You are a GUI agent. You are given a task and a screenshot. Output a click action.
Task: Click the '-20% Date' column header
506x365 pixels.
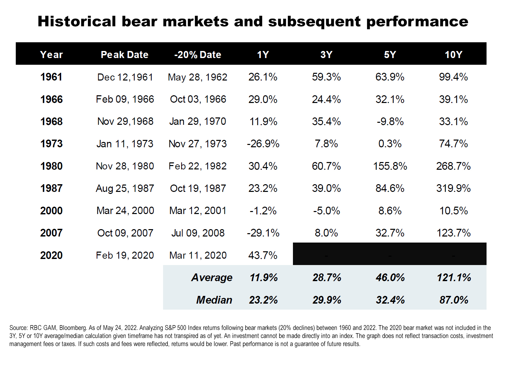198,55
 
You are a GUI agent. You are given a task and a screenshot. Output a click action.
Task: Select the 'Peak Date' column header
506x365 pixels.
124,55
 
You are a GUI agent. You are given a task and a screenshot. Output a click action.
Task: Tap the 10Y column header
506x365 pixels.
453,55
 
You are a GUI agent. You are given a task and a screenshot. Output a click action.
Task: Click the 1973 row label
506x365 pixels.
51,144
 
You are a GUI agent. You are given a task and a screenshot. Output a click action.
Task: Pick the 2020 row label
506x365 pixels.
51,256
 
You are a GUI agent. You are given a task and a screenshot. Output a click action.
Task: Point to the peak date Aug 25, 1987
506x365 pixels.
125,189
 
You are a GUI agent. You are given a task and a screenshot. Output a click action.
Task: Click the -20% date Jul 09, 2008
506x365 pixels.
198,233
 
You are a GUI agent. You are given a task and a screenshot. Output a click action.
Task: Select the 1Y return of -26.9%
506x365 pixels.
263,144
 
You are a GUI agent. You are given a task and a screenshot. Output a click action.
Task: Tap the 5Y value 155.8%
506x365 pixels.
390,166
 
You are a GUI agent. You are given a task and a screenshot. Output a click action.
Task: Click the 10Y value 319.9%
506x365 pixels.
453,189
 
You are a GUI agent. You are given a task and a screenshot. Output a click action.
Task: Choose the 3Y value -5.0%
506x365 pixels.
326,211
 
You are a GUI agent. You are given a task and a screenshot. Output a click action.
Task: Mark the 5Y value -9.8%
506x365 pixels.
390,122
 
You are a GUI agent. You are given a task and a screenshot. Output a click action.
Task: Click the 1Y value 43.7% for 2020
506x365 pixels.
263,256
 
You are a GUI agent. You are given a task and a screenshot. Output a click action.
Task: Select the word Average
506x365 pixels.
212,278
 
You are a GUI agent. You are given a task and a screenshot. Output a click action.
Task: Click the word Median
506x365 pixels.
214,300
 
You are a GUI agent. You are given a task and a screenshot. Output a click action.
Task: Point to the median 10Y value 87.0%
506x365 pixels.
454,300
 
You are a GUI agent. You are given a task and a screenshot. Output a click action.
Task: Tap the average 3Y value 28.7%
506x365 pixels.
327,278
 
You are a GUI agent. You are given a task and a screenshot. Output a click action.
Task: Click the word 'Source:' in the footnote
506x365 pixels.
18,328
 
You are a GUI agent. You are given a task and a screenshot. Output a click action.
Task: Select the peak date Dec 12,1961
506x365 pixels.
125,77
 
